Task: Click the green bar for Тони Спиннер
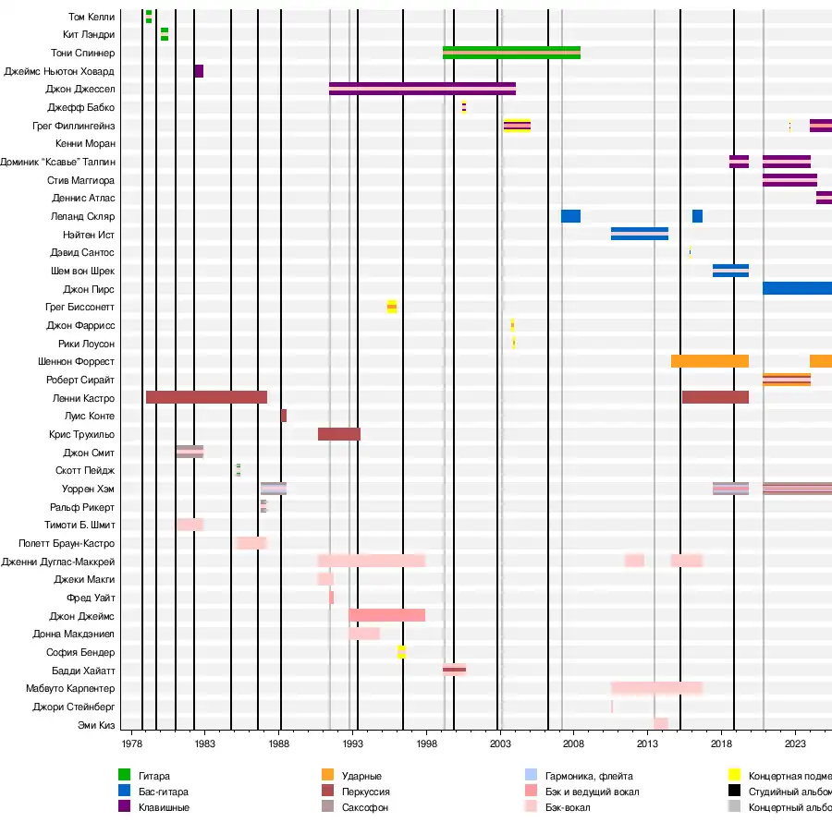(x=511, y=53)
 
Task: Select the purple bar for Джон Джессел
(x=422, y=89)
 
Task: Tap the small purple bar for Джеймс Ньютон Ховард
(x=199, y=71)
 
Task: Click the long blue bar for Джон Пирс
(x=797, y=288)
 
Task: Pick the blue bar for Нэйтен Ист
(x=639, y=234)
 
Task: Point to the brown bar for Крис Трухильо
(x=339, y=434)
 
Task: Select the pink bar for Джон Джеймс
(x=386, y=615)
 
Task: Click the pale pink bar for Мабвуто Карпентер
(x=656, y=688)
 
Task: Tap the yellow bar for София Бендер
(x=401, y=652)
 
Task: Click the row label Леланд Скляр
(x=83, y=216)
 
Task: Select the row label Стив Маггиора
(x=81, y=180)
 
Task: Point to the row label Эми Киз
(x=96, y=725)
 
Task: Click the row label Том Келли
(x=92, y=17)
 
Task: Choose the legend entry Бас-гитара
(x=163, y=792)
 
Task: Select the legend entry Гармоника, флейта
(x=589, y=776)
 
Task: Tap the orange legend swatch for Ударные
(x=328, y=776)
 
